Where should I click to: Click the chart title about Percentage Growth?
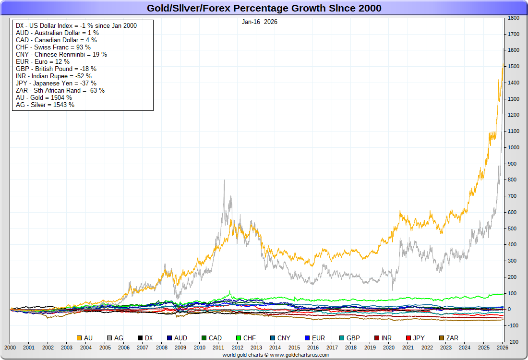[x=264, y=8]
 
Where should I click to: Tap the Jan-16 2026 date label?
[x=260, y=22]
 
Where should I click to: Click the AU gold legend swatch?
[x=80, y=338]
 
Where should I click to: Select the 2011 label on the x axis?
[x=218, y=347]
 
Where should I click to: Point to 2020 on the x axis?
[x=389, y=347]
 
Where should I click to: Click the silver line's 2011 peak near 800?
[x=224, y=181]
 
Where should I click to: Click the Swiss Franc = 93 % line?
[x=53, y=47]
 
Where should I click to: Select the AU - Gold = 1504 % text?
[x=44, y=97]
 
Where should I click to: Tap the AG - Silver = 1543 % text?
[x=45, y=105]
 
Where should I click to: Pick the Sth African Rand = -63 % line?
[x=60, y=90]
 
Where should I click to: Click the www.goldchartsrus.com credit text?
[x=276, y=355]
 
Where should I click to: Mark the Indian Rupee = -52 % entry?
[x=54, y=76]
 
